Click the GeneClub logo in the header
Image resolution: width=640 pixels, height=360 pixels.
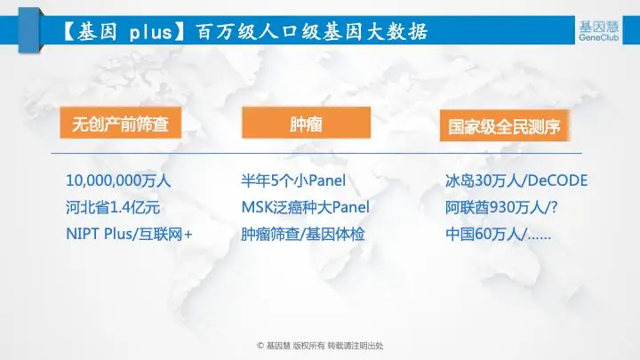tap(598, 30)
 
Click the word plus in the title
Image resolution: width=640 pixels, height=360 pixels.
tap(150, 32)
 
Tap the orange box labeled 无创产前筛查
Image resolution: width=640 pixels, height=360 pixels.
tap(120, 123)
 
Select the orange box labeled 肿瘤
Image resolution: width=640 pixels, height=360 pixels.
tap(306, 123)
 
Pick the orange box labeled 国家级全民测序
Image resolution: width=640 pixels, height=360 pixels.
tap(504, 125)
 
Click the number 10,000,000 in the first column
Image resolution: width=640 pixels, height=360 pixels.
tap(103, 180)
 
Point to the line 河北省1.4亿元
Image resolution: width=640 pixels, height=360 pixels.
tap(113, 207)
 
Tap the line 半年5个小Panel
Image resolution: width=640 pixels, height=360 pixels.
tap(293, 180)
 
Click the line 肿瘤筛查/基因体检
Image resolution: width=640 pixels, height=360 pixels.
tap(302, 235)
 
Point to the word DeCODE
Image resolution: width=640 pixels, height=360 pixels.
tap(556, 180)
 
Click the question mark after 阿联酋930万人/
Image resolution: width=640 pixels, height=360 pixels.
tap(554, 207)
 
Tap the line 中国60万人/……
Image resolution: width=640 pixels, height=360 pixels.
tap(498, 235)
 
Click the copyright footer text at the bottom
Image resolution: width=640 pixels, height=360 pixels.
tap(320, 346)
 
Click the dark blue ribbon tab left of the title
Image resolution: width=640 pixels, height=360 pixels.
tap(29, 30)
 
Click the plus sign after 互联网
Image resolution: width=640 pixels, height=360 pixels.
tap(188, 235)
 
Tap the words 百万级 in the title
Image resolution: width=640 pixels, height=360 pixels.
tap(226, 32)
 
